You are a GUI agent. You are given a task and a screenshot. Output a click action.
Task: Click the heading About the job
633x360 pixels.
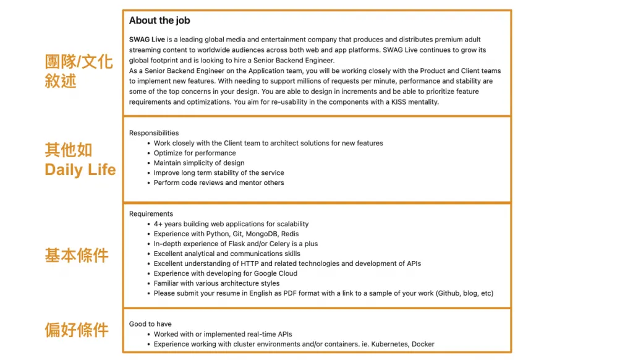[x=159, y=20]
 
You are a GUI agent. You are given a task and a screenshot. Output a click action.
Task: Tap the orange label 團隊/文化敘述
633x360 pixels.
[x=79, y=71]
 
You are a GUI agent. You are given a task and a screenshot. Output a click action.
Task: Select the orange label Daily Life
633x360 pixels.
[x=80, y=169]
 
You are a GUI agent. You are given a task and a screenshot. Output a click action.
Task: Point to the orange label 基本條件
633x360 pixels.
[x=77, y=255]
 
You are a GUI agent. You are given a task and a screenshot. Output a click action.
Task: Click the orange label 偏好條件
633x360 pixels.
[x=77, y=330]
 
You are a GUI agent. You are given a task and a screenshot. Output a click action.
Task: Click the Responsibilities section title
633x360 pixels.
[x=154, y=133]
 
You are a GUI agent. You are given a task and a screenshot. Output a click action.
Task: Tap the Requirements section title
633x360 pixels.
[x=151, y=214]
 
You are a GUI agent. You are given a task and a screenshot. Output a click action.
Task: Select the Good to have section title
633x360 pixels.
[x=150, y=324]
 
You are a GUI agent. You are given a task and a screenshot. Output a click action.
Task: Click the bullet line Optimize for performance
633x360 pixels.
[x=195, y=153]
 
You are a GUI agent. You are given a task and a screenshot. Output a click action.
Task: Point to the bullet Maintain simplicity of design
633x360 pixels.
[x=199, y=163]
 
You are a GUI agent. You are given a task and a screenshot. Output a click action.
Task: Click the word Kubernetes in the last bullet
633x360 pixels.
[x=387, y=344]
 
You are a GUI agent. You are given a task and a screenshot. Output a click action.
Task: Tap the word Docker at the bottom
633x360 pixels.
[x=423, y=344]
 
